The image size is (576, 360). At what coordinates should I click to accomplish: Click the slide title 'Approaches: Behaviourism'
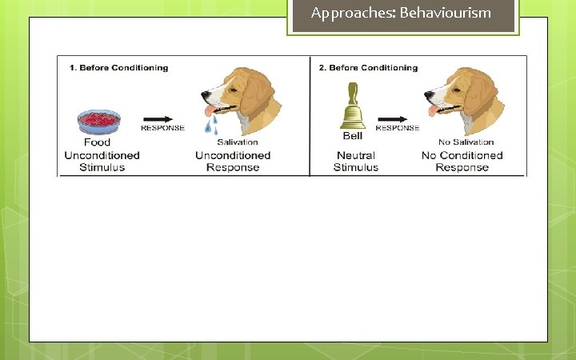pos(401,13)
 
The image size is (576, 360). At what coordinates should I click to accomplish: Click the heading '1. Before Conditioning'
pos(118,68)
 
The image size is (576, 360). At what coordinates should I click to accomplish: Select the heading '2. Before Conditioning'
pos(368,68)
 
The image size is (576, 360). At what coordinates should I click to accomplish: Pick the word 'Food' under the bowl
pos(98,142)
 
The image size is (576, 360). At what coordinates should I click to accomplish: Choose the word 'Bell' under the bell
pos(353,136)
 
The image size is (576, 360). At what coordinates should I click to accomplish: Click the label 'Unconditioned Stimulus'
pos(102,162)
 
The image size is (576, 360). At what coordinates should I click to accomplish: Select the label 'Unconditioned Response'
pos(233,162)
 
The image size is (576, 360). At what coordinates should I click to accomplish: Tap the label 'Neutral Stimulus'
pos(356,162)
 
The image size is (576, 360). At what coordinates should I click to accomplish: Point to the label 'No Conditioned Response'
pos(462,162)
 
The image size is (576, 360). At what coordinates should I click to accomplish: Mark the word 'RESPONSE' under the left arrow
pos(162,128)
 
